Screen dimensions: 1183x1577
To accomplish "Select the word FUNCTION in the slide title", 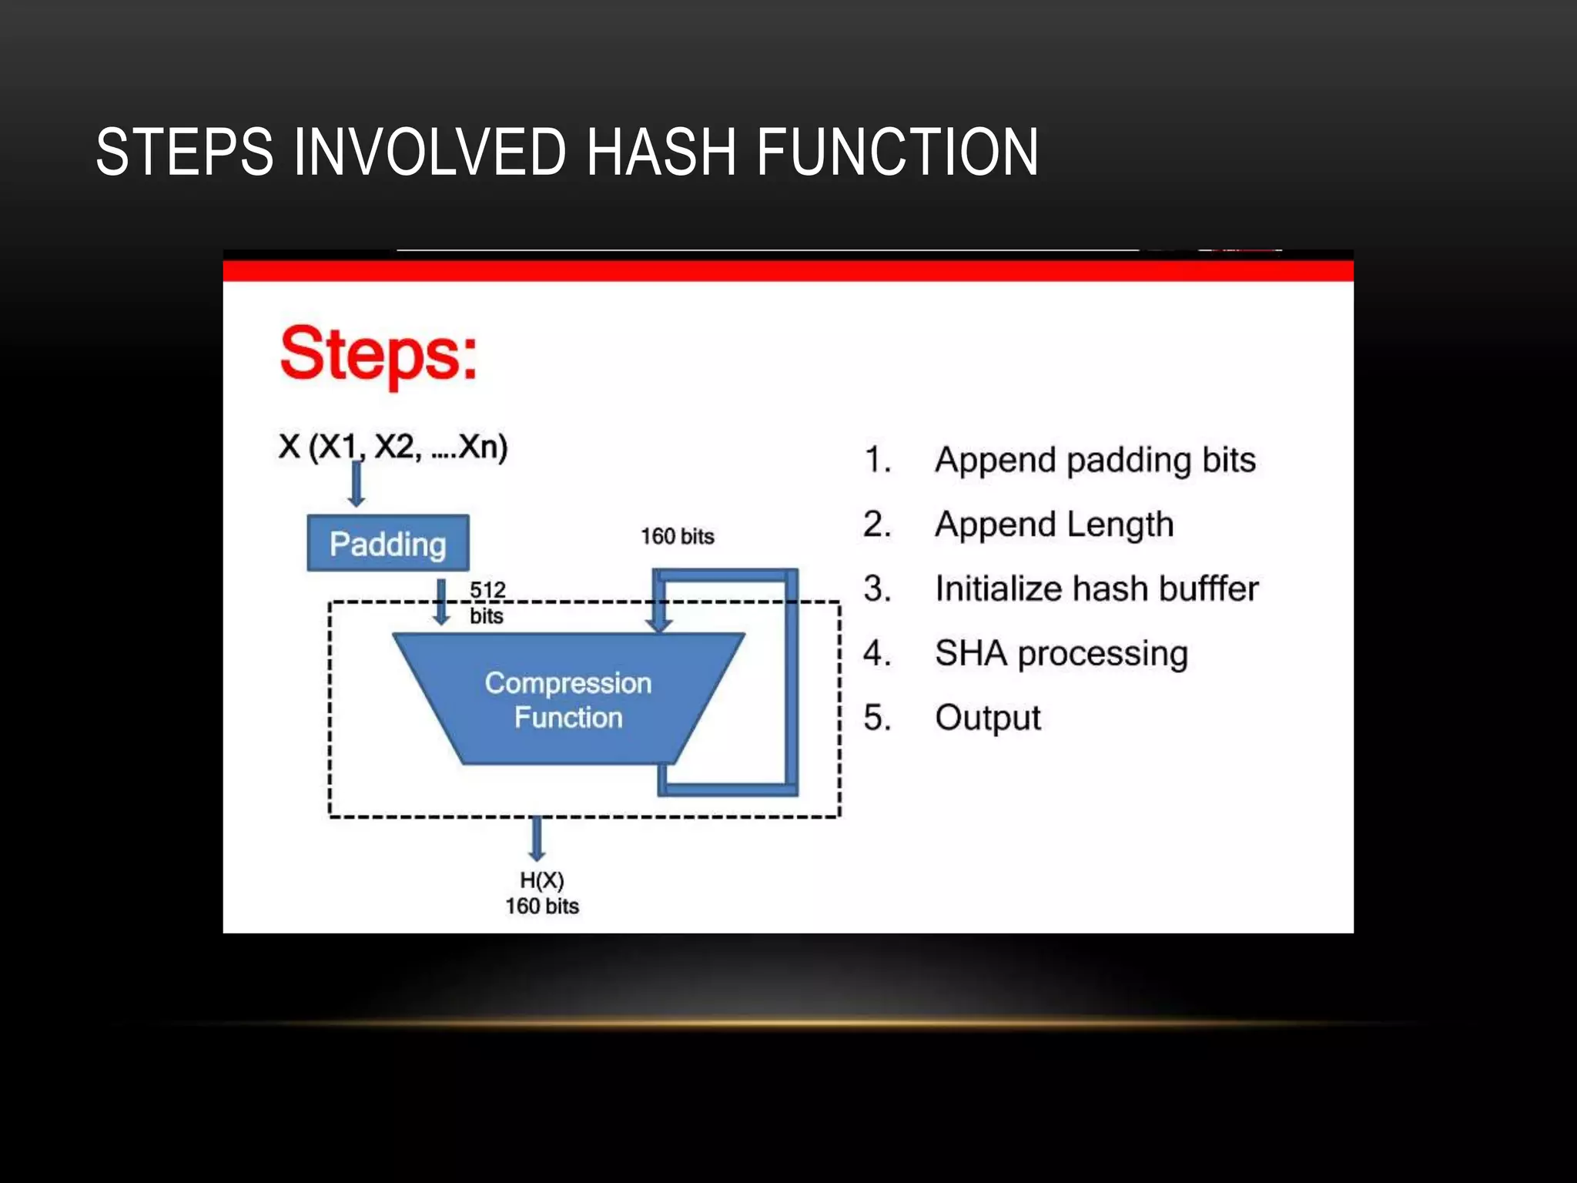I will (x=897, y=152).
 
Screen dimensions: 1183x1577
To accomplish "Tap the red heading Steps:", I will (x=378, y=355).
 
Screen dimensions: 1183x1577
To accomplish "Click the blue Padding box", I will (x=387, y=544).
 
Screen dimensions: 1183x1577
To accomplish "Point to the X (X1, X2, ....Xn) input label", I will (x=393, y=446).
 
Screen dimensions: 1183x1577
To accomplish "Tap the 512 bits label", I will (x=487, y=602).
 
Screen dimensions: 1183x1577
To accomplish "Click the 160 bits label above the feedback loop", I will (x=677, y=536).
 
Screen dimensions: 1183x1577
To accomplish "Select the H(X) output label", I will (x=542, y=880).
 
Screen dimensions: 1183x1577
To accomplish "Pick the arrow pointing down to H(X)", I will (x=537, y=839).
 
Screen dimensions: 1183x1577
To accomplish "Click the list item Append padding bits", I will (x=1094, y=460).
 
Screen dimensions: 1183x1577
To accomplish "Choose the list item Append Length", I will (x=1053, y=524).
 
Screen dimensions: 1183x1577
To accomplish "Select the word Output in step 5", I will (x=987, y=718).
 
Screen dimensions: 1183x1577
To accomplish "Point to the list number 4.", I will (x=876, y=653).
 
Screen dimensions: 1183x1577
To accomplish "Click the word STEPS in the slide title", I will (x=185, y=152).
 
